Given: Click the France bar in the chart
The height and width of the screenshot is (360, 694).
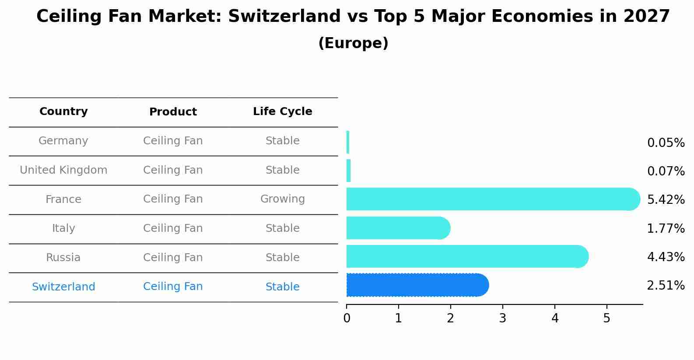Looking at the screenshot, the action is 493,199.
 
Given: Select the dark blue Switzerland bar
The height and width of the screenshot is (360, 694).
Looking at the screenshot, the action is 417,285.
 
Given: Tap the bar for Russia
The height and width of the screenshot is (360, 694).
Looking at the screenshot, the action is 467,256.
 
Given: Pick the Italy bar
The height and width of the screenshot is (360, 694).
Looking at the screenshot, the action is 399,228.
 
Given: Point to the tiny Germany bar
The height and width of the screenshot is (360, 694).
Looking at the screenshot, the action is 348,142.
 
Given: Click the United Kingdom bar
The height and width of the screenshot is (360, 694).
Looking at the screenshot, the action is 349,171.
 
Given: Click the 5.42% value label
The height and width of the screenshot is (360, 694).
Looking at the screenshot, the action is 666,199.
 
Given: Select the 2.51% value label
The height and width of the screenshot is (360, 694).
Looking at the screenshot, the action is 666,285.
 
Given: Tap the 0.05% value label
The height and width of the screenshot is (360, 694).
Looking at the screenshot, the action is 666,143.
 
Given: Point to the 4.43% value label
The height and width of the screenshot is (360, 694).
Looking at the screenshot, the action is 666,257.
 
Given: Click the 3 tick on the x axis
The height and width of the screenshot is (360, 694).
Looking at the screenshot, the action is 502,318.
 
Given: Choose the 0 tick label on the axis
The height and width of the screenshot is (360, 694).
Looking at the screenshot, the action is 347,318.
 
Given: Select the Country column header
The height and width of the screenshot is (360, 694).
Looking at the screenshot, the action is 63,111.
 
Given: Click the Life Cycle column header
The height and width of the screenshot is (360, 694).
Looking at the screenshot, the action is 283,111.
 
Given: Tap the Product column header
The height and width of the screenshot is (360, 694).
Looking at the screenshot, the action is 173,112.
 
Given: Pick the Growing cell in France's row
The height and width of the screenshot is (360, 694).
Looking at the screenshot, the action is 283,199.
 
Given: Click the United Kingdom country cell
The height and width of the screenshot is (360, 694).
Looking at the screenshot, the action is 63,170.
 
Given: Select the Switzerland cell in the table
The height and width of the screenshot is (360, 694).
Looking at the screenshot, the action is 63,287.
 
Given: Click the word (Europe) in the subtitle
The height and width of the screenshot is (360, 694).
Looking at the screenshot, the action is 353,43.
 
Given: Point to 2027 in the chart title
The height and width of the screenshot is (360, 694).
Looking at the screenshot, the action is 647,16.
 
